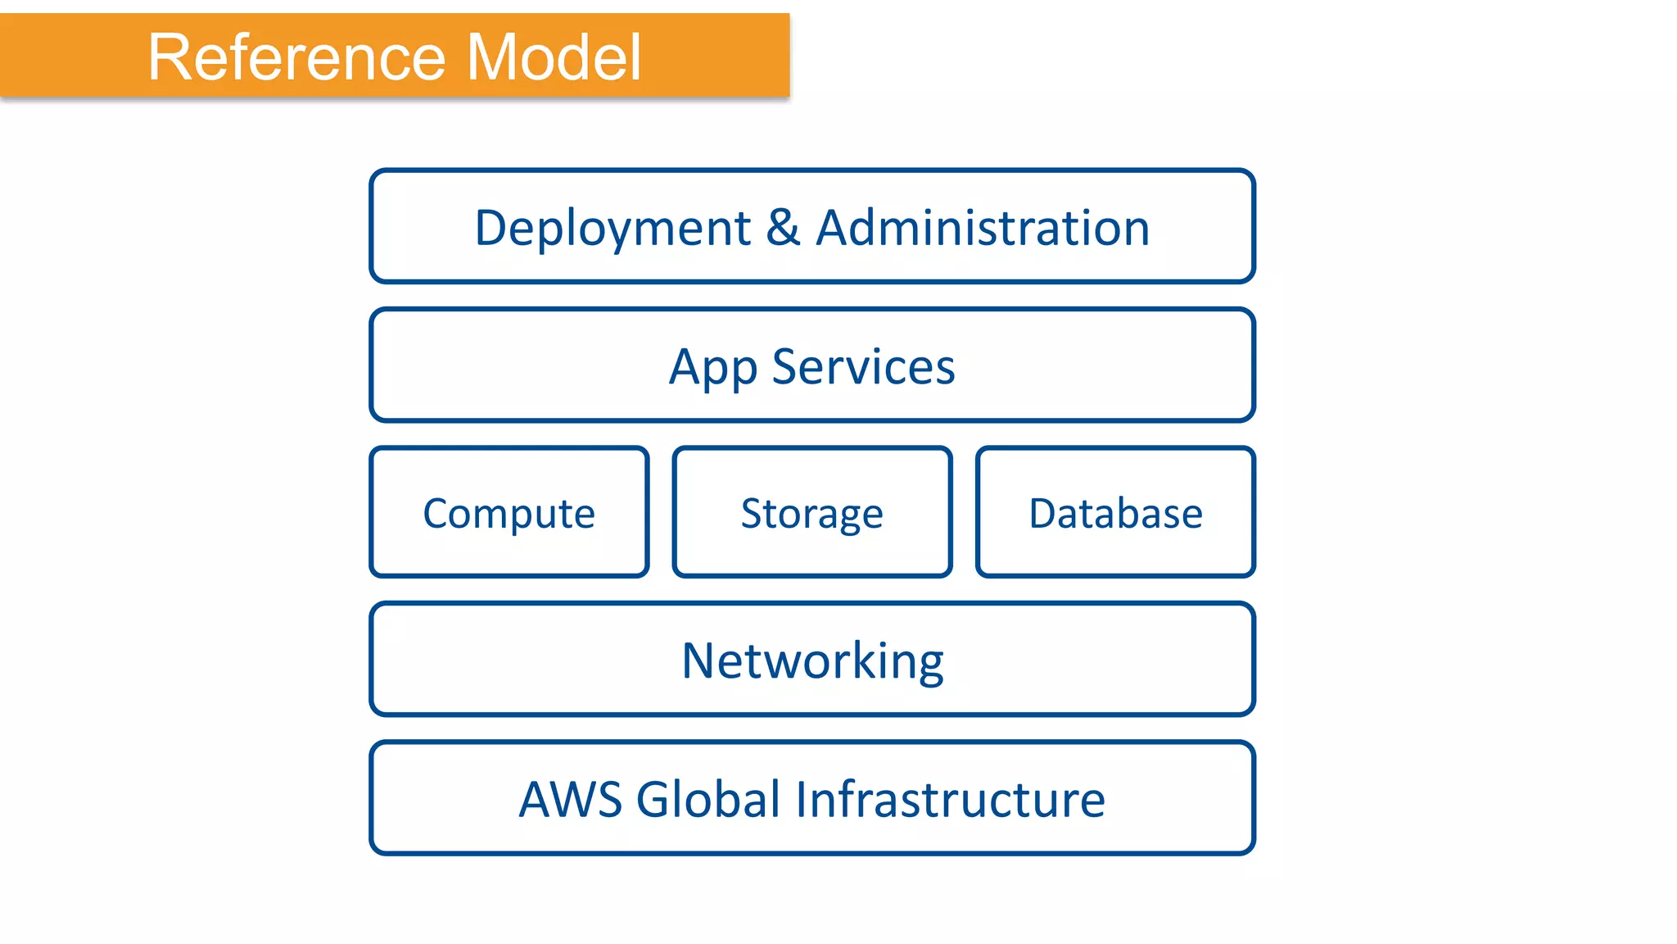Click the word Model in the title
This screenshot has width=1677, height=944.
554,57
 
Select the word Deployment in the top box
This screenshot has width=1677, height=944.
612,228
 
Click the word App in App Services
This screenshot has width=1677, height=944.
712,368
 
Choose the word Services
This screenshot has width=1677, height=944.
863,366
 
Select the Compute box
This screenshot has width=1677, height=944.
509,513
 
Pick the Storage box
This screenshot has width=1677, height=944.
811,513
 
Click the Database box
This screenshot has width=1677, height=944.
1115,513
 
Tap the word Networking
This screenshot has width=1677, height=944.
812,660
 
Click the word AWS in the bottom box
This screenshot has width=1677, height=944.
571,799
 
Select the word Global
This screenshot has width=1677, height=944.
708,799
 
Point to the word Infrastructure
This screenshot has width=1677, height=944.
950,799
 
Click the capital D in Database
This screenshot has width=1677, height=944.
1043,514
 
